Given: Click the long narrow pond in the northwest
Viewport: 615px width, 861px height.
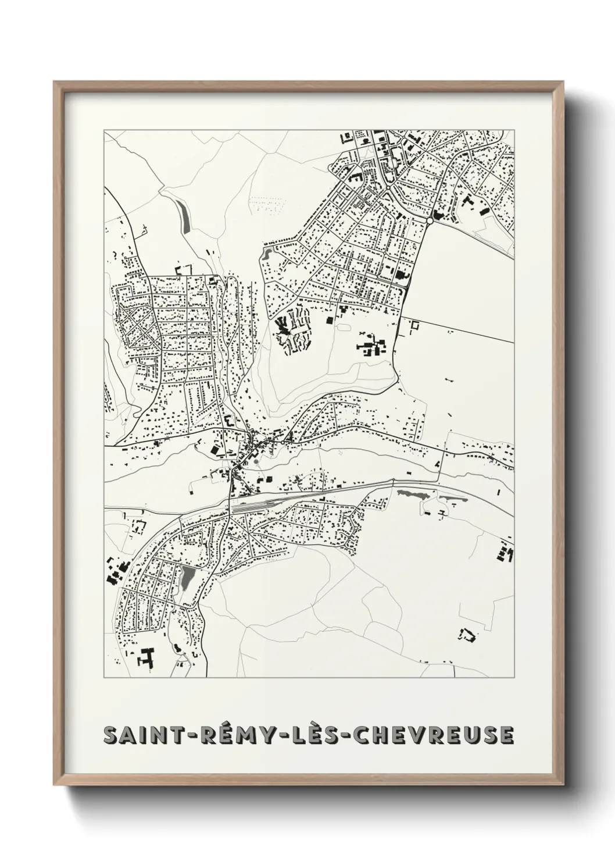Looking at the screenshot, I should [184, 218].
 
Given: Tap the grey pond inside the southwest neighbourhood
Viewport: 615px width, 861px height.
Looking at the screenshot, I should [187, 578].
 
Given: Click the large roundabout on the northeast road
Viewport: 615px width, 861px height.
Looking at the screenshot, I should [430, 221].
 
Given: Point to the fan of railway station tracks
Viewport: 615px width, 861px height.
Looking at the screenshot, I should [262, 500].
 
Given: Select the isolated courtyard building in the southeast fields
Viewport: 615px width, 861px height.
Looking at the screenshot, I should [467, 635].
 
